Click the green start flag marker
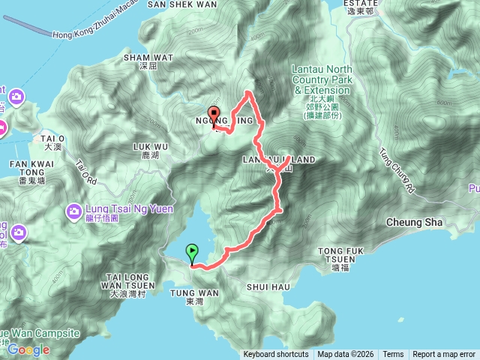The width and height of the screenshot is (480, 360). (x=193, y=253)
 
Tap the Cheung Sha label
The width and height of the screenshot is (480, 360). (x=414, y=223)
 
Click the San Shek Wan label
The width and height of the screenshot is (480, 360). (x=182, y=4)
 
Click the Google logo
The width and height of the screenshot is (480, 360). (x=28, y=349)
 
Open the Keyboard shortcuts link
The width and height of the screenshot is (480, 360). (x=275, y=355)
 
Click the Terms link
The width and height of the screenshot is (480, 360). (x=393, y=355)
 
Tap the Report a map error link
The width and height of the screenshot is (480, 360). (x=444, y=355)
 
